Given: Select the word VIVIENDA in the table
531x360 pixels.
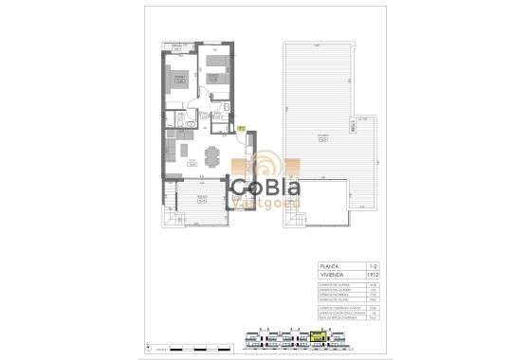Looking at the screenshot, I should pyautogui.click(x=332, y=276).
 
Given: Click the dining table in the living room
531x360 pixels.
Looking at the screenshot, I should pyautogui.click(x=211, y=153).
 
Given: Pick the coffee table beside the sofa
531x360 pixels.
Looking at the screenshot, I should pyautogui.click(x=188, y=151).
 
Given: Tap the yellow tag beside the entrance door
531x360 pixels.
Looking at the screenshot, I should pyautogui.click(x=241, y=128).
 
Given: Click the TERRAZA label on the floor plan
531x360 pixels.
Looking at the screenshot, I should pyautogui.click(x=201, y=198).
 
